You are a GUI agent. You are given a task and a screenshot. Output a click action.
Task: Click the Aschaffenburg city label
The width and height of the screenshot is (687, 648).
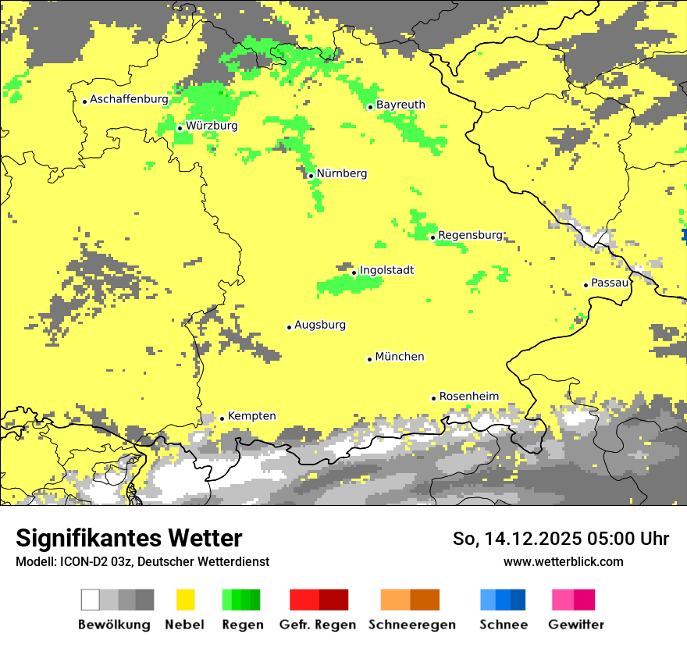[129, 99]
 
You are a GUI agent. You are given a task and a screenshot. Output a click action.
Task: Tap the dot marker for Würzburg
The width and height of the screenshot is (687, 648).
[180, 128]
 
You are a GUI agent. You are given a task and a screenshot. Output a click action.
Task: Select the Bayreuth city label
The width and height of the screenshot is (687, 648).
[400, 105]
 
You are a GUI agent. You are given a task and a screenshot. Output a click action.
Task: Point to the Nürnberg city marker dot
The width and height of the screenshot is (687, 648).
[311, 176]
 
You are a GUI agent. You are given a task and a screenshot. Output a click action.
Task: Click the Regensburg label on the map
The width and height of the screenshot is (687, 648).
[470, 235]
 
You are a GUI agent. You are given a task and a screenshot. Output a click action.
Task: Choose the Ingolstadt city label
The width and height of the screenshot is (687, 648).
[386, 270]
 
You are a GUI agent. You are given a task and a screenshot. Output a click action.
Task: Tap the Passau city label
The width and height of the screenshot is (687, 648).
[610, 283]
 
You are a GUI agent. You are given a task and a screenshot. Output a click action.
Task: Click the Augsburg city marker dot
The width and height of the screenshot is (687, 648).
[289, 327]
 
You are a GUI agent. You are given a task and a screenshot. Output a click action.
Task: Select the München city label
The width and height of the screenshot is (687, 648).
[400, 357]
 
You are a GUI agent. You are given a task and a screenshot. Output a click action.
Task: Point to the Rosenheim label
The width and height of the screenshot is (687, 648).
[468, 397]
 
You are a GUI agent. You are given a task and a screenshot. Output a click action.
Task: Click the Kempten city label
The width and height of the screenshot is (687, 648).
[251, 416]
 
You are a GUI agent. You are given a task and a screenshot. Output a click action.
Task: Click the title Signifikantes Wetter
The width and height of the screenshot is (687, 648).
[129, 539]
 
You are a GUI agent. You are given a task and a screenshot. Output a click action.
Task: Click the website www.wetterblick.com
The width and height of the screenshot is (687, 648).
[563, 561]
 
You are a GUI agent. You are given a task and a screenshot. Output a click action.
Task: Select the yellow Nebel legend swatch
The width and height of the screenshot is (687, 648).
[185, 600]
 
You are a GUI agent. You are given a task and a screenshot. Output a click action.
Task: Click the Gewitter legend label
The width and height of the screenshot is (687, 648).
[575, 625]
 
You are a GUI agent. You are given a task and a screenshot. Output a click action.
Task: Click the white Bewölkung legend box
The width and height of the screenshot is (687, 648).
[91, 600]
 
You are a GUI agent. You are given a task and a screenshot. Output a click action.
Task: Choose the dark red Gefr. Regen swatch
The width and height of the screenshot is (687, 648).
[333, 600]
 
